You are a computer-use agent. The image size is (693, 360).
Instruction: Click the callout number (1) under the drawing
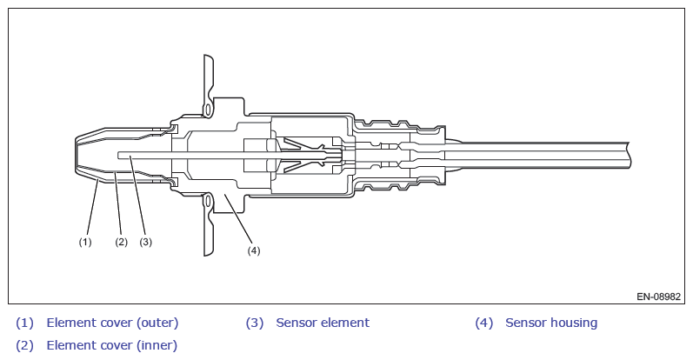point(85,242)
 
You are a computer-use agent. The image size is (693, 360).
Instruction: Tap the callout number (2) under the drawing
point(121,242)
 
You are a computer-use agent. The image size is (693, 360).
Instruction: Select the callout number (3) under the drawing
point(145,242)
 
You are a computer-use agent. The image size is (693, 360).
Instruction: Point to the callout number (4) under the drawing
point(254,250)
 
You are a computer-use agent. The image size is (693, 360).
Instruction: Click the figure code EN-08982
point(658,297)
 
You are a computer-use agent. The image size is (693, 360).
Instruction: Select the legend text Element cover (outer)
point(112,323)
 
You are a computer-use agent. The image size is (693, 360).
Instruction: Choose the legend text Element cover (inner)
point(112,345)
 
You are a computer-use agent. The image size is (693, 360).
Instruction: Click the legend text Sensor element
point(323,323)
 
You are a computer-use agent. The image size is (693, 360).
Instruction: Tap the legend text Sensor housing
point(551,323)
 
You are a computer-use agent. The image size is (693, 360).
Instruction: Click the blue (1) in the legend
point(24,323)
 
